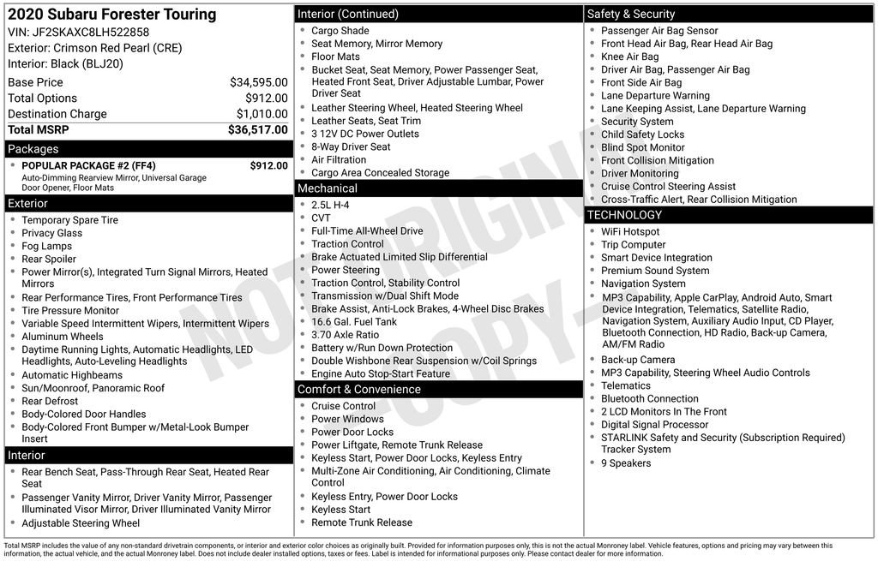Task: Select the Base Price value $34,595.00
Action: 258,82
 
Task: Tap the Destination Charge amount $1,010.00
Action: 262,114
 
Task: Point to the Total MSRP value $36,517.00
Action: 257,130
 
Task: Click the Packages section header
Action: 33,149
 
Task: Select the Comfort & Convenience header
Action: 358,390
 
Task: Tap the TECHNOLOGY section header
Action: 624,215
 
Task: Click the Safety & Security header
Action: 631,14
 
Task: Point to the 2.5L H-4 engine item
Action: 330,206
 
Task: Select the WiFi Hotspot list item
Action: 630,232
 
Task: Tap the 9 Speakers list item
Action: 626,463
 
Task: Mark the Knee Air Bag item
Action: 630,57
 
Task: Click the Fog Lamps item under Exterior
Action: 47,246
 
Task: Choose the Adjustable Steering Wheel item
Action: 81,523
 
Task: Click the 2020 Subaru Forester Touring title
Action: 112,15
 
